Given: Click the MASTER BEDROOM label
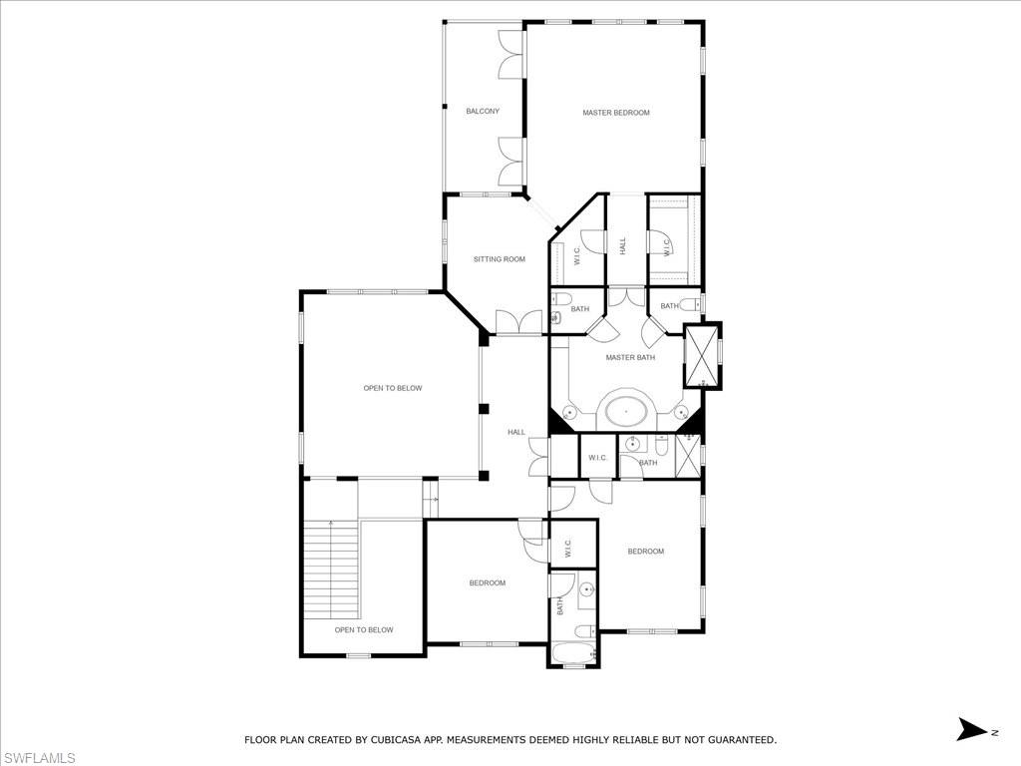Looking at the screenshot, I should (x=616, y=113).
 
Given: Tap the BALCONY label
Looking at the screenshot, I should (x=483, y=111).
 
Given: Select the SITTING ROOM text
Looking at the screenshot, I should (x=499, y=259).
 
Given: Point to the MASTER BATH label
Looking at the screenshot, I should (x=630, y=357).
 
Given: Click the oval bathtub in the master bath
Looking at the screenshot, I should (x=625, y=410).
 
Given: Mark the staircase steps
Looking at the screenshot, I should (x=331, y=569).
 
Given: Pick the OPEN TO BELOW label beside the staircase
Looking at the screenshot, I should (x=364, y=629).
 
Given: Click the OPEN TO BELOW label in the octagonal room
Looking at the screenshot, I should (x=392, y=388).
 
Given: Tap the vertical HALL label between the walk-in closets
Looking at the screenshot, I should (x=623, y=245).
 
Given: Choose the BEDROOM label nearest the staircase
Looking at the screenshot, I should (x=488, y=582).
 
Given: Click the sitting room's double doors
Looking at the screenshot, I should (x=518, y=322).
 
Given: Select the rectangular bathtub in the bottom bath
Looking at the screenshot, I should (x=573, y=654).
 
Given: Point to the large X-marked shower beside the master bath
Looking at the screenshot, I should (x=702, y=355).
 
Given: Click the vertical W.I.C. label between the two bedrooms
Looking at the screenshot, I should (x=566, y=548).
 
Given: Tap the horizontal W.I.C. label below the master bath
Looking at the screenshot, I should (x=598, y=458).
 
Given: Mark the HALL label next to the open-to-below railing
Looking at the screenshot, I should (x=515, y=432).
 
